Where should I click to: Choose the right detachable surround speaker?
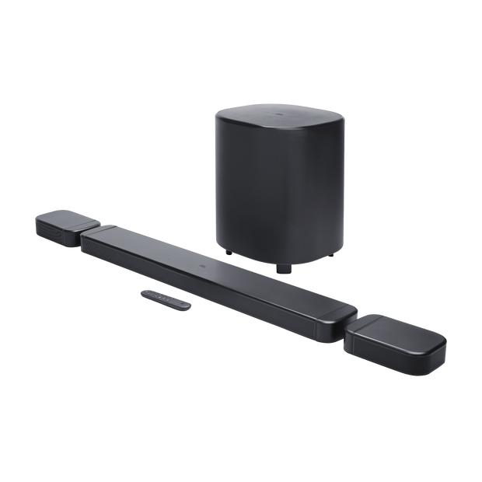click(x=396, y=339)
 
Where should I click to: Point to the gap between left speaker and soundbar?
click(x=85, y=233)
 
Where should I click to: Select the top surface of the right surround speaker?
click(x=401, y=330)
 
